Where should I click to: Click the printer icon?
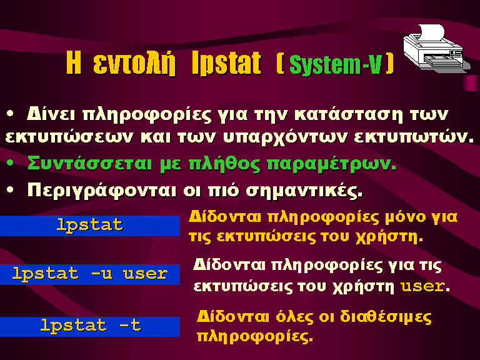click(436, 48)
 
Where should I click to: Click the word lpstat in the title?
click(226, 64)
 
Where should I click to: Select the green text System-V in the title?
click(336, 64)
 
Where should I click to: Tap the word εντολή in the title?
click(134, 64)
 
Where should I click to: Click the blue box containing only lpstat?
click(90, 226)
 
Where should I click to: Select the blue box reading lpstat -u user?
click(90, 274)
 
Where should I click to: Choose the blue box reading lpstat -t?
click(90, 326)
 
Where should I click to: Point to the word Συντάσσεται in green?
click(89, 163)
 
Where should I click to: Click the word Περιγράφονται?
click(102, 191)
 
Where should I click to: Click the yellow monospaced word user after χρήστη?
click(422, 286)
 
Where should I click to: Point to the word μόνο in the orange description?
click(405, 217)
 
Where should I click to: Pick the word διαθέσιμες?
click(386, 316)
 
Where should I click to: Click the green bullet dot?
click(10, 162)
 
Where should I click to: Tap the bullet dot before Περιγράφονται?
click(10, 190)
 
